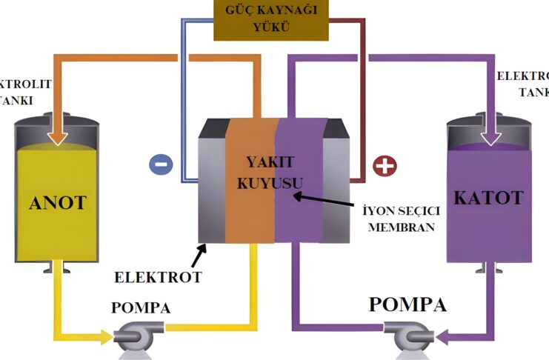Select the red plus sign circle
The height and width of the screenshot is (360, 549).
384,165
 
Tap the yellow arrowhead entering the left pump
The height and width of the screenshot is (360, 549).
104,337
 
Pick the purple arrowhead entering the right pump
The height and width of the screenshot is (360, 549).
444,338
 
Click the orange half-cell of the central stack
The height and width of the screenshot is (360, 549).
249,215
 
